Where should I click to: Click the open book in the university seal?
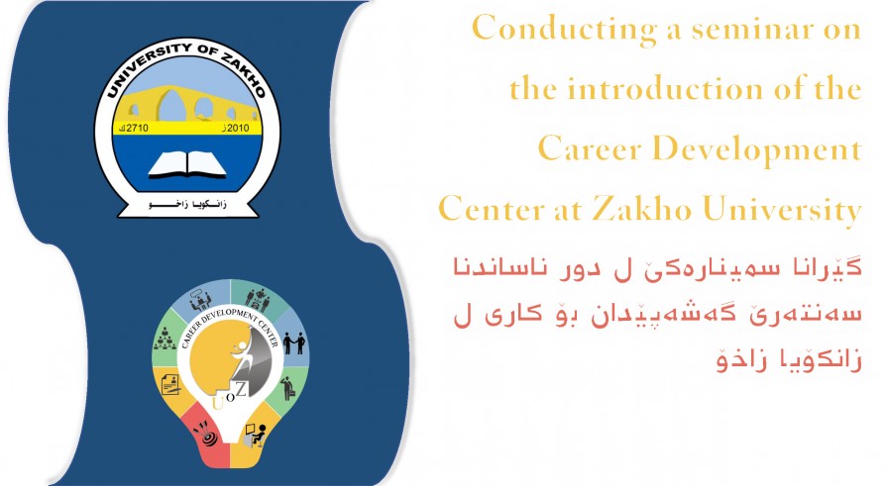(x=187, y=164)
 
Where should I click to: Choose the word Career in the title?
(x=590, y=148)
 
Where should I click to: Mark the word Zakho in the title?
(x=642, y=209)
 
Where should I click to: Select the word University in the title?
(x=782, y=210)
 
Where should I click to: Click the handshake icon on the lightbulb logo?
(x=293, y=342)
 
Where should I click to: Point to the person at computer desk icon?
(x=255, y=436)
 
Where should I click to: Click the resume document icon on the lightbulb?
(x=171, y=383)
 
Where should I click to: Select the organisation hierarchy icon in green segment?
(x=165, y=339)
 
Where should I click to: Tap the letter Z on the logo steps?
(x=241, y=388)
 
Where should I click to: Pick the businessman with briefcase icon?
(x=288, y=388)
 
